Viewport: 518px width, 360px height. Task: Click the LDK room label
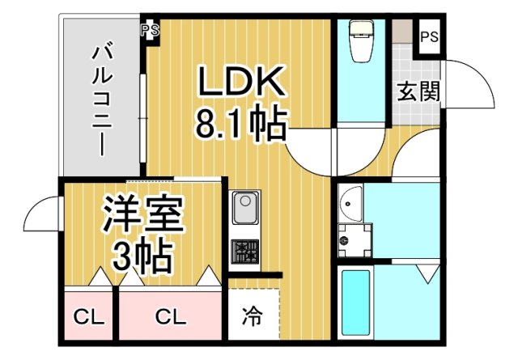tap(241, 82)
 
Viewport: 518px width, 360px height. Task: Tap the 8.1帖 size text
tap(241, 123)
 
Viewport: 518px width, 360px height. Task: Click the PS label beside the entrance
tap(430, 36)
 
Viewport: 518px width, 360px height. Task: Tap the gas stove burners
tap(244, 253)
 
